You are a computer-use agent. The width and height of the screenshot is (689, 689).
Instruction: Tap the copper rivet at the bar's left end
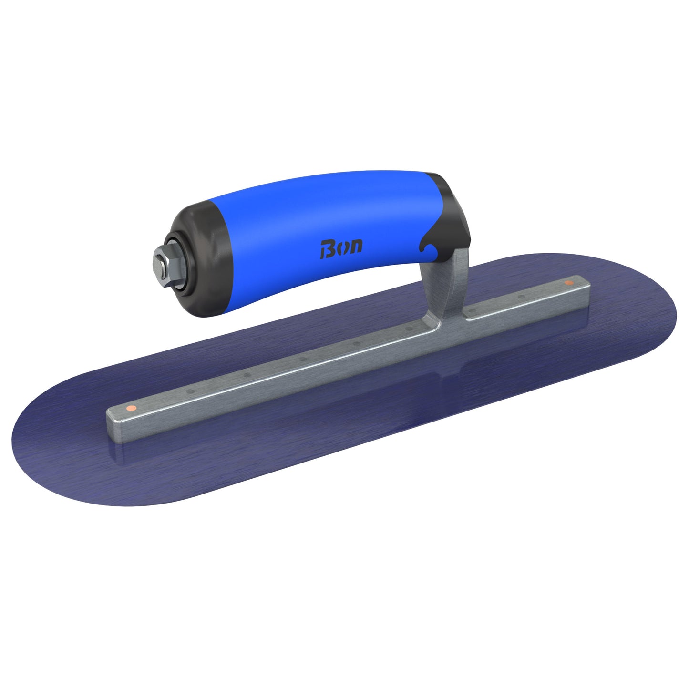tap(129, 408)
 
